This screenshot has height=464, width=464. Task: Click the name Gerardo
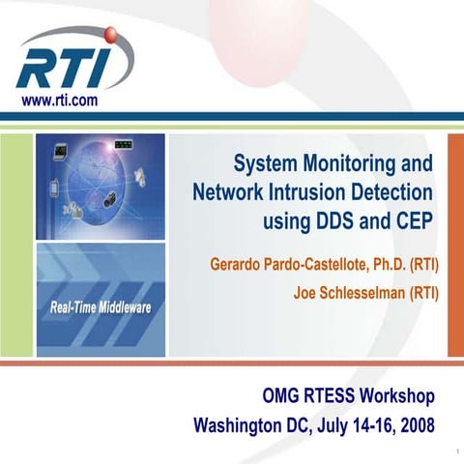234,263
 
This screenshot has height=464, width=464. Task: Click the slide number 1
453,451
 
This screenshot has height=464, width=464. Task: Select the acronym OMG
281,396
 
